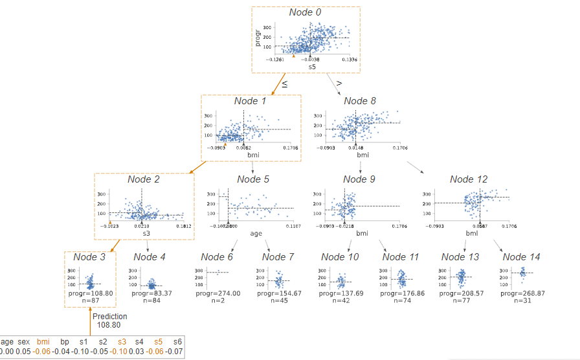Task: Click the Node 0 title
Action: click(x=305, y=12)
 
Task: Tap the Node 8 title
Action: click(x=360, y=101)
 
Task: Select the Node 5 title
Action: click(x=253, y=179)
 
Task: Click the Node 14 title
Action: click(x=521, y=258)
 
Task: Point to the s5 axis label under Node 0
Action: click(x=311, y=66)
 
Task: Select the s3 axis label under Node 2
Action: click(x=146, y=234)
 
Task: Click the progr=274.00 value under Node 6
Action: click(x=218, y=293)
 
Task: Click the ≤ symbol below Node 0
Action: click(x=284, y=84)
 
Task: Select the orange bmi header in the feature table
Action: click(x=43, y=341)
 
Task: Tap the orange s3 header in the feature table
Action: click(x=122, y=341)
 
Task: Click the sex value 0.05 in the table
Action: click(x=23, y=352)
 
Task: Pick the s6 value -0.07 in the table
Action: click(x=175, y=352)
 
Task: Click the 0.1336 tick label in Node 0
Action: click(x=349, y=60)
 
